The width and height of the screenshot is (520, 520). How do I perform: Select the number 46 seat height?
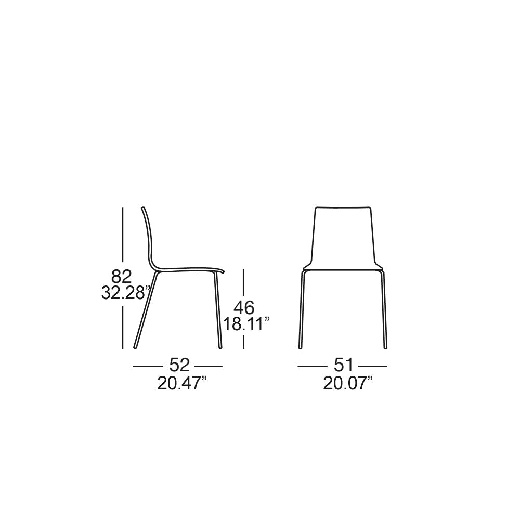pos(244,308)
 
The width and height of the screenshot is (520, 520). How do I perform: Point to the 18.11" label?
pos(246,324)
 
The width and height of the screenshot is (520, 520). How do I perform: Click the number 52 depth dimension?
pos(179,366)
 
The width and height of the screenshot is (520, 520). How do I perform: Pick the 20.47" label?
pos(182,384)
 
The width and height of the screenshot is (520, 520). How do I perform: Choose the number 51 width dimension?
pos(344,366)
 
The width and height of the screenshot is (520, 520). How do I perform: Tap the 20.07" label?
pos(348,384)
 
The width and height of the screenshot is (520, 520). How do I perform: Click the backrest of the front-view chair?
pos(343,238)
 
